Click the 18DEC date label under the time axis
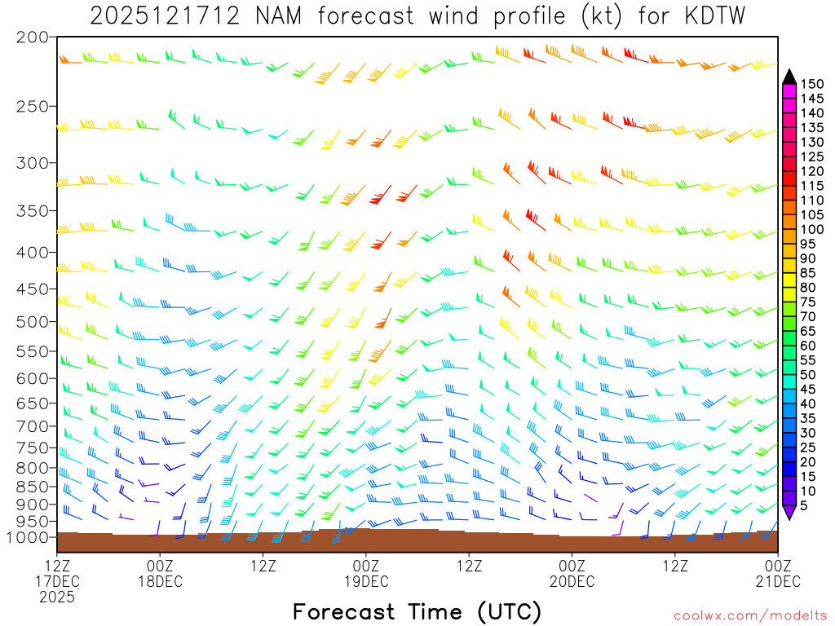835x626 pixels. click(160, 581)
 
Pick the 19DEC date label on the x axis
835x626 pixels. click(366, 581)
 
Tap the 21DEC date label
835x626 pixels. click(777, 581)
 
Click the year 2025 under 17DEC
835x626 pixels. click(56, 597)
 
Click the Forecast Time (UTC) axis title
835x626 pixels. click(417, 611)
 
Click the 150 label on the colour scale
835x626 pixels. click(812, 84)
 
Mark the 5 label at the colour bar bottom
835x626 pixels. click(805, 506)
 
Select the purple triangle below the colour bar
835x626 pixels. click(789, 513)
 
